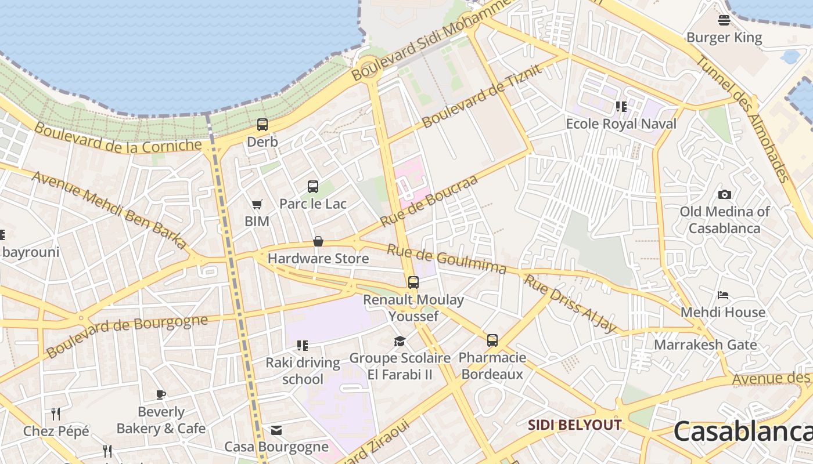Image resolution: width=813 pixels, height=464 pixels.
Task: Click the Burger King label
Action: [x=724, y=38]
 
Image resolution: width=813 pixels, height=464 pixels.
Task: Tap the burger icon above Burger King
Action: [x=724, y=20]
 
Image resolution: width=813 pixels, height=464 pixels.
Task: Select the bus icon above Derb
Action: [x=262, y=124]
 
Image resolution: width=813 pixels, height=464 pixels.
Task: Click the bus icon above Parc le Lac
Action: [x=313, y=186]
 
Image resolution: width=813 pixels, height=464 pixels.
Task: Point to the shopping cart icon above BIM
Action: [x=257, y=204]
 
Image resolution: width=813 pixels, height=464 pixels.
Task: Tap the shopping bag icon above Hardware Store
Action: [x=318, y=241]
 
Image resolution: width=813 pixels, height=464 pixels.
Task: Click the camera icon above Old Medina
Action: [x=724, y=194]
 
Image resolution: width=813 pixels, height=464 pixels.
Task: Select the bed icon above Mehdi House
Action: [x=723, y=295]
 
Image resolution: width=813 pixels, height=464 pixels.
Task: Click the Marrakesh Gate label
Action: [x=705, y=345]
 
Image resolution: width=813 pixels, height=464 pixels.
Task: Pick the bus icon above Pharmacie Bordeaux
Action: [x=492, y=340]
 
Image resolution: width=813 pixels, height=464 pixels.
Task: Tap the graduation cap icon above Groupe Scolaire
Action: [x=400, y=341]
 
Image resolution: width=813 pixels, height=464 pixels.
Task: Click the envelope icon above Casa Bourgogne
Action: [x=276, y=430]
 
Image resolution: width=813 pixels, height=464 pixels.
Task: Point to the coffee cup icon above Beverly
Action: [x=161, y=395]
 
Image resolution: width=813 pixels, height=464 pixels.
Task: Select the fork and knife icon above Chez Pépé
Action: [x=56, y=414]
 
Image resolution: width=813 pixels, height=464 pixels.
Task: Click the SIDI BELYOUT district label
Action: [x=574, y=425]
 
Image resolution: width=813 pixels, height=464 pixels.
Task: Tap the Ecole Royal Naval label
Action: [x=621, y=124]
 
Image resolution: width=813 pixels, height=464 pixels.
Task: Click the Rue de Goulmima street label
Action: [x=447, y=259]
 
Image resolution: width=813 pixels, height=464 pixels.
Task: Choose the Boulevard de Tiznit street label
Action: [x=482, y=96]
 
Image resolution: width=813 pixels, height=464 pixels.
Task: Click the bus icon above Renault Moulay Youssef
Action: [x=413, y=282]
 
